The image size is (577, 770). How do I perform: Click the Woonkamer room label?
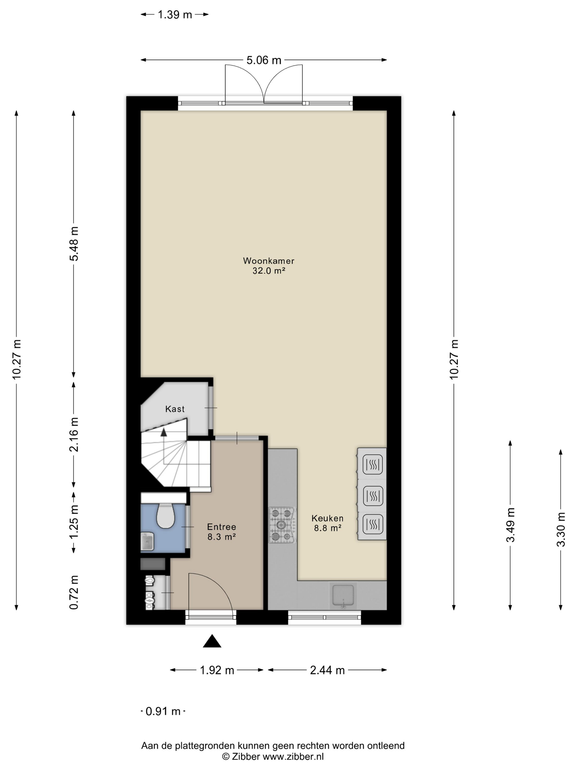268,261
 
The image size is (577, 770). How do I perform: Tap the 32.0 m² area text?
268,271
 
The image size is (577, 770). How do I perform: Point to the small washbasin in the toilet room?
147,541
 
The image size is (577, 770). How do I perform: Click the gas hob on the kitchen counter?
282,525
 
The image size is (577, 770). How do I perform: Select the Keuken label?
327,518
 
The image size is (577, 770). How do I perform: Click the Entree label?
221,527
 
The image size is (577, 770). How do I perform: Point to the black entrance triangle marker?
212,641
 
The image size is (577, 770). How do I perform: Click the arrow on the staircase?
163,433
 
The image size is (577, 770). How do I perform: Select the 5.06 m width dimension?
263,60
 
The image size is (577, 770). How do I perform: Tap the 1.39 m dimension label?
174,15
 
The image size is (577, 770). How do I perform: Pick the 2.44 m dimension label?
327,670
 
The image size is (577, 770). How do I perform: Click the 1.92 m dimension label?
217,670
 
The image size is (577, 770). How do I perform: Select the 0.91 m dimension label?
163,711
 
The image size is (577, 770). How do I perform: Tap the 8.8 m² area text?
327,528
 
